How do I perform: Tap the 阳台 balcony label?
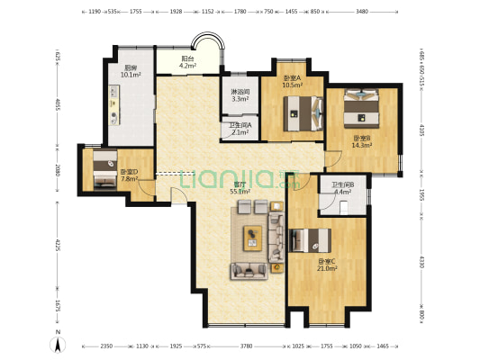pyautogui.click(x=186, y=58)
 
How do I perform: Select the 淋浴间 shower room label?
pyautogui.click(x=240, y=93)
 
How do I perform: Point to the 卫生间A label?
pyautogui.click(x=240, y=126)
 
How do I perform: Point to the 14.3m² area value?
pyautogui.click(x=362, y=144)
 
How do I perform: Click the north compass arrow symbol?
pyautogui.click(x=58, y=341)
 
